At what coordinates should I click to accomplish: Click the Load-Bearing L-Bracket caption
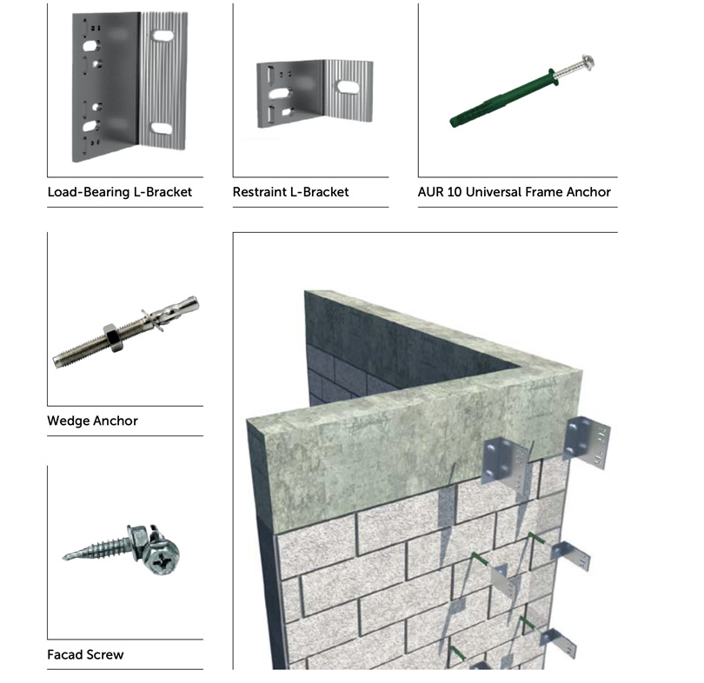119,192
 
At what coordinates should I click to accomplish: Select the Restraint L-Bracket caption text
290,192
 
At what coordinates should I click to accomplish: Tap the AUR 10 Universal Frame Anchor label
514,192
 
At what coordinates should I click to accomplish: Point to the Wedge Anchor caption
92,421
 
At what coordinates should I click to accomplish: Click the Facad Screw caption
85,654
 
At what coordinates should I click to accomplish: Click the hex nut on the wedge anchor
114,337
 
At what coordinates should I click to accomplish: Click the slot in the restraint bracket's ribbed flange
348,87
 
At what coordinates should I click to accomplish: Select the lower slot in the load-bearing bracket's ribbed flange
161,128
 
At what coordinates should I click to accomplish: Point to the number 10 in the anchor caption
455,192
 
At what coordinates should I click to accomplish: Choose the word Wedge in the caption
67,421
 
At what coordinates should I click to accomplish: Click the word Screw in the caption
104,654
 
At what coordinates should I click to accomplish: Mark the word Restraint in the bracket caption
259,192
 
